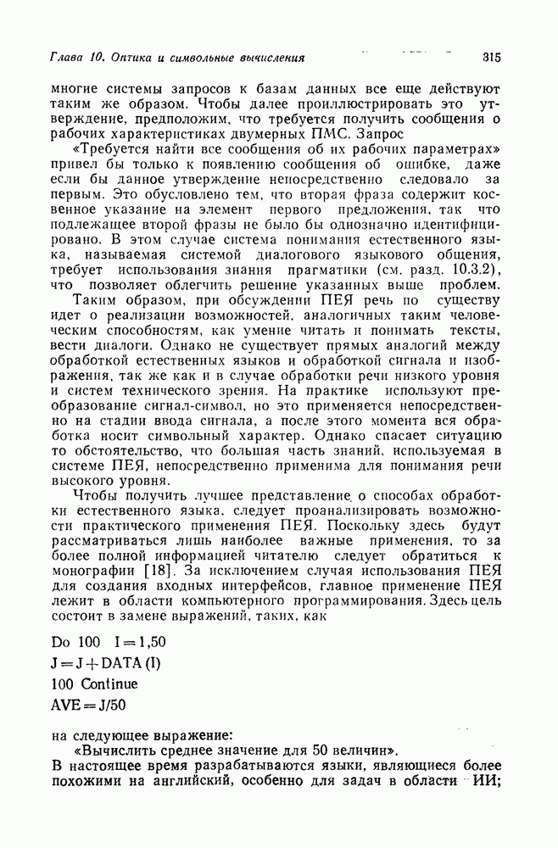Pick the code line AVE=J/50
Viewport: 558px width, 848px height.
click(88, 705)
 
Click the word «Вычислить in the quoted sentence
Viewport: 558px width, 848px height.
click(114, 750)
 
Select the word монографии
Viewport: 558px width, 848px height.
click(96, 568)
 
